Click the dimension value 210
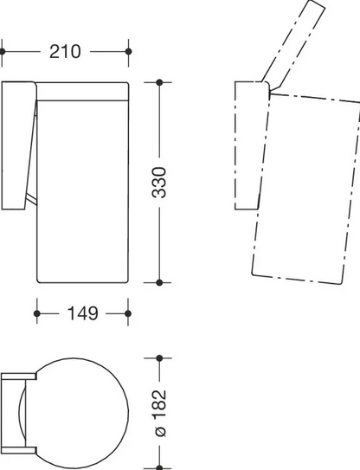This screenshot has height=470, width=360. tap(65, 52)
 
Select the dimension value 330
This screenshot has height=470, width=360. tap(159, 183)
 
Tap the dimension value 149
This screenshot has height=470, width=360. tap(83, 313)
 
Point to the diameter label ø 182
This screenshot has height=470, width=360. tap(159, 413)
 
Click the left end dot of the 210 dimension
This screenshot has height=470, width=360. tap(2, 52)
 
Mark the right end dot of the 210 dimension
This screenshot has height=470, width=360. tap(129, 52)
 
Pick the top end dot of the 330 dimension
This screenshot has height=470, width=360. tap(159, 82)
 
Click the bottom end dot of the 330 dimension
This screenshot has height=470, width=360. tap(159, 282)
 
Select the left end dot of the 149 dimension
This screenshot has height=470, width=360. tap(37, 313)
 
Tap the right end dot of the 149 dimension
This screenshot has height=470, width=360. tap(128, 313)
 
